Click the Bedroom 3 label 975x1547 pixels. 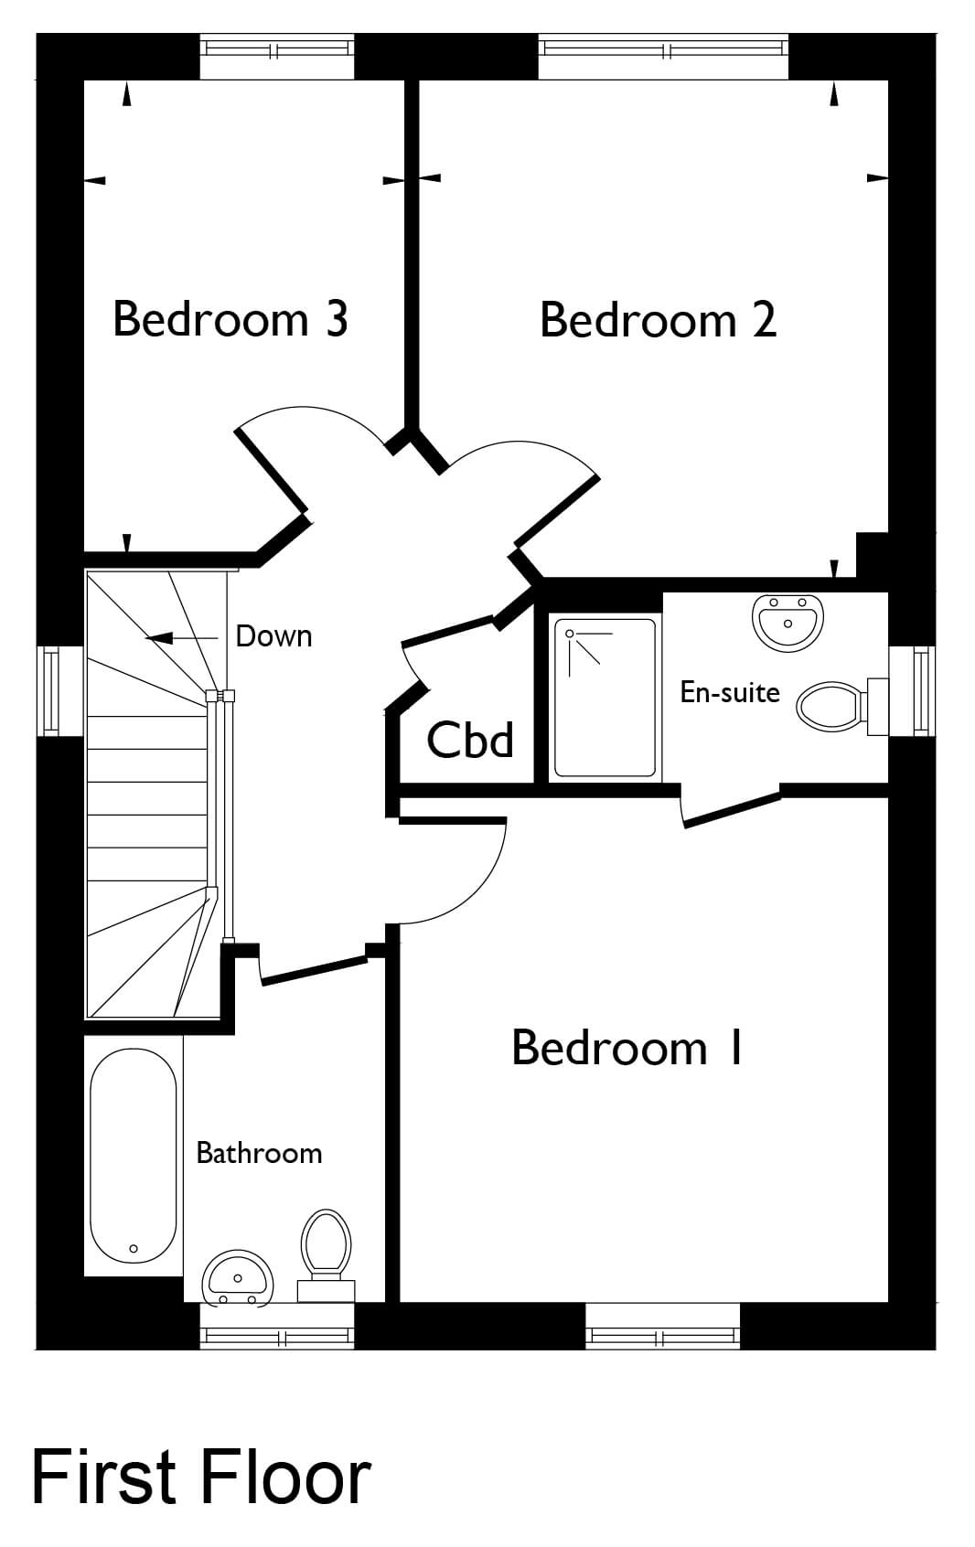tap(230, 319)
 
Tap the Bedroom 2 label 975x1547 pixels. tap(658, 320)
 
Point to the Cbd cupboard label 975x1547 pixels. tap(470, 740)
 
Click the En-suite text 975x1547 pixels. tap(730, 692)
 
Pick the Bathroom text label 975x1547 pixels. tap(259, 1153)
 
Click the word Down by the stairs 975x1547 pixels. tap(273, 636)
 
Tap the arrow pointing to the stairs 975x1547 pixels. tap(181, 638)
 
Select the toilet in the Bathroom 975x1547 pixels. tap(326, 1256)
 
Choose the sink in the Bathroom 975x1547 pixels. tap(237, 1277)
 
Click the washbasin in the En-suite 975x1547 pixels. tap(787, 622)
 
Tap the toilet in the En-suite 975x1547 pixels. tap(841, 707)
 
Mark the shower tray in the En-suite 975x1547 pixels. tap(605, 698)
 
